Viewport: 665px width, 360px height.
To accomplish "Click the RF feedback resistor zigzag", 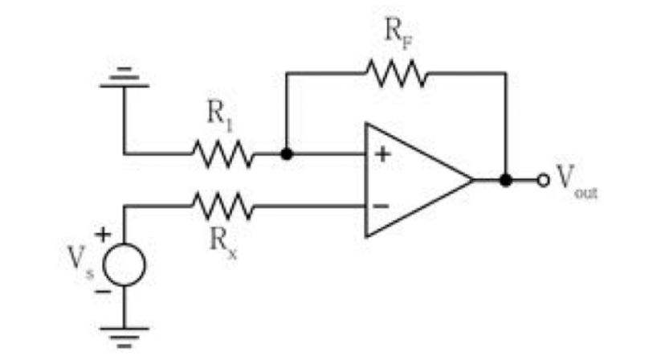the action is tap(397, 73).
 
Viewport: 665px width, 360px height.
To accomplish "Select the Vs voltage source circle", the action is tap(124, 264).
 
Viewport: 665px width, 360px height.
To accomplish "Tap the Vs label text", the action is tap(80, 261).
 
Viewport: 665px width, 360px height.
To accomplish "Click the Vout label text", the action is tap(577, 181).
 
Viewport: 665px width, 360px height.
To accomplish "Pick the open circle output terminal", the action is tap(543, 181).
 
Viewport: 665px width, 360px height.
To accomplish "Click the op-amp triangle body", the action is tap(419, 180).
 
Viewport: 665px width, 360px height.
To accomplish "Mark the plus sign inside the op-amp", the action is tap(383, 154).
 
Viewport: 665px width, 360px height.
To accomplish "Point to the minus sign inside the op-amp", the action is tap(381, 207).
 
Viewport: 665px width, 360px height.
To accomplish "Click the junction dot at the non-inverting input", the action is tap(287, 153).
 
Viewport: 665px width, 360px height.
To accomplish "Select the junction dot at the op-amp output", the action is tap(505, 180).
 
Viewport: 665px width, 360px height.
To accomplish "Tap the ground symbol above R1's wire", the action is tap(124, 77).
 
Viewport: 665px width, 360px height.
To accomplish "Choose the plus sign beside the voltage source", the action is tap(103, 234).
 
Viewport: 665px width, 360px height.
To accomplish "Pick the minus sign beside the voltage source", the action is tap(103, 291).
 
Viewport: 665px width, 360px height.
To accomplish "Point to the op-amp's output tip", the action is tap(473, 180).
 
